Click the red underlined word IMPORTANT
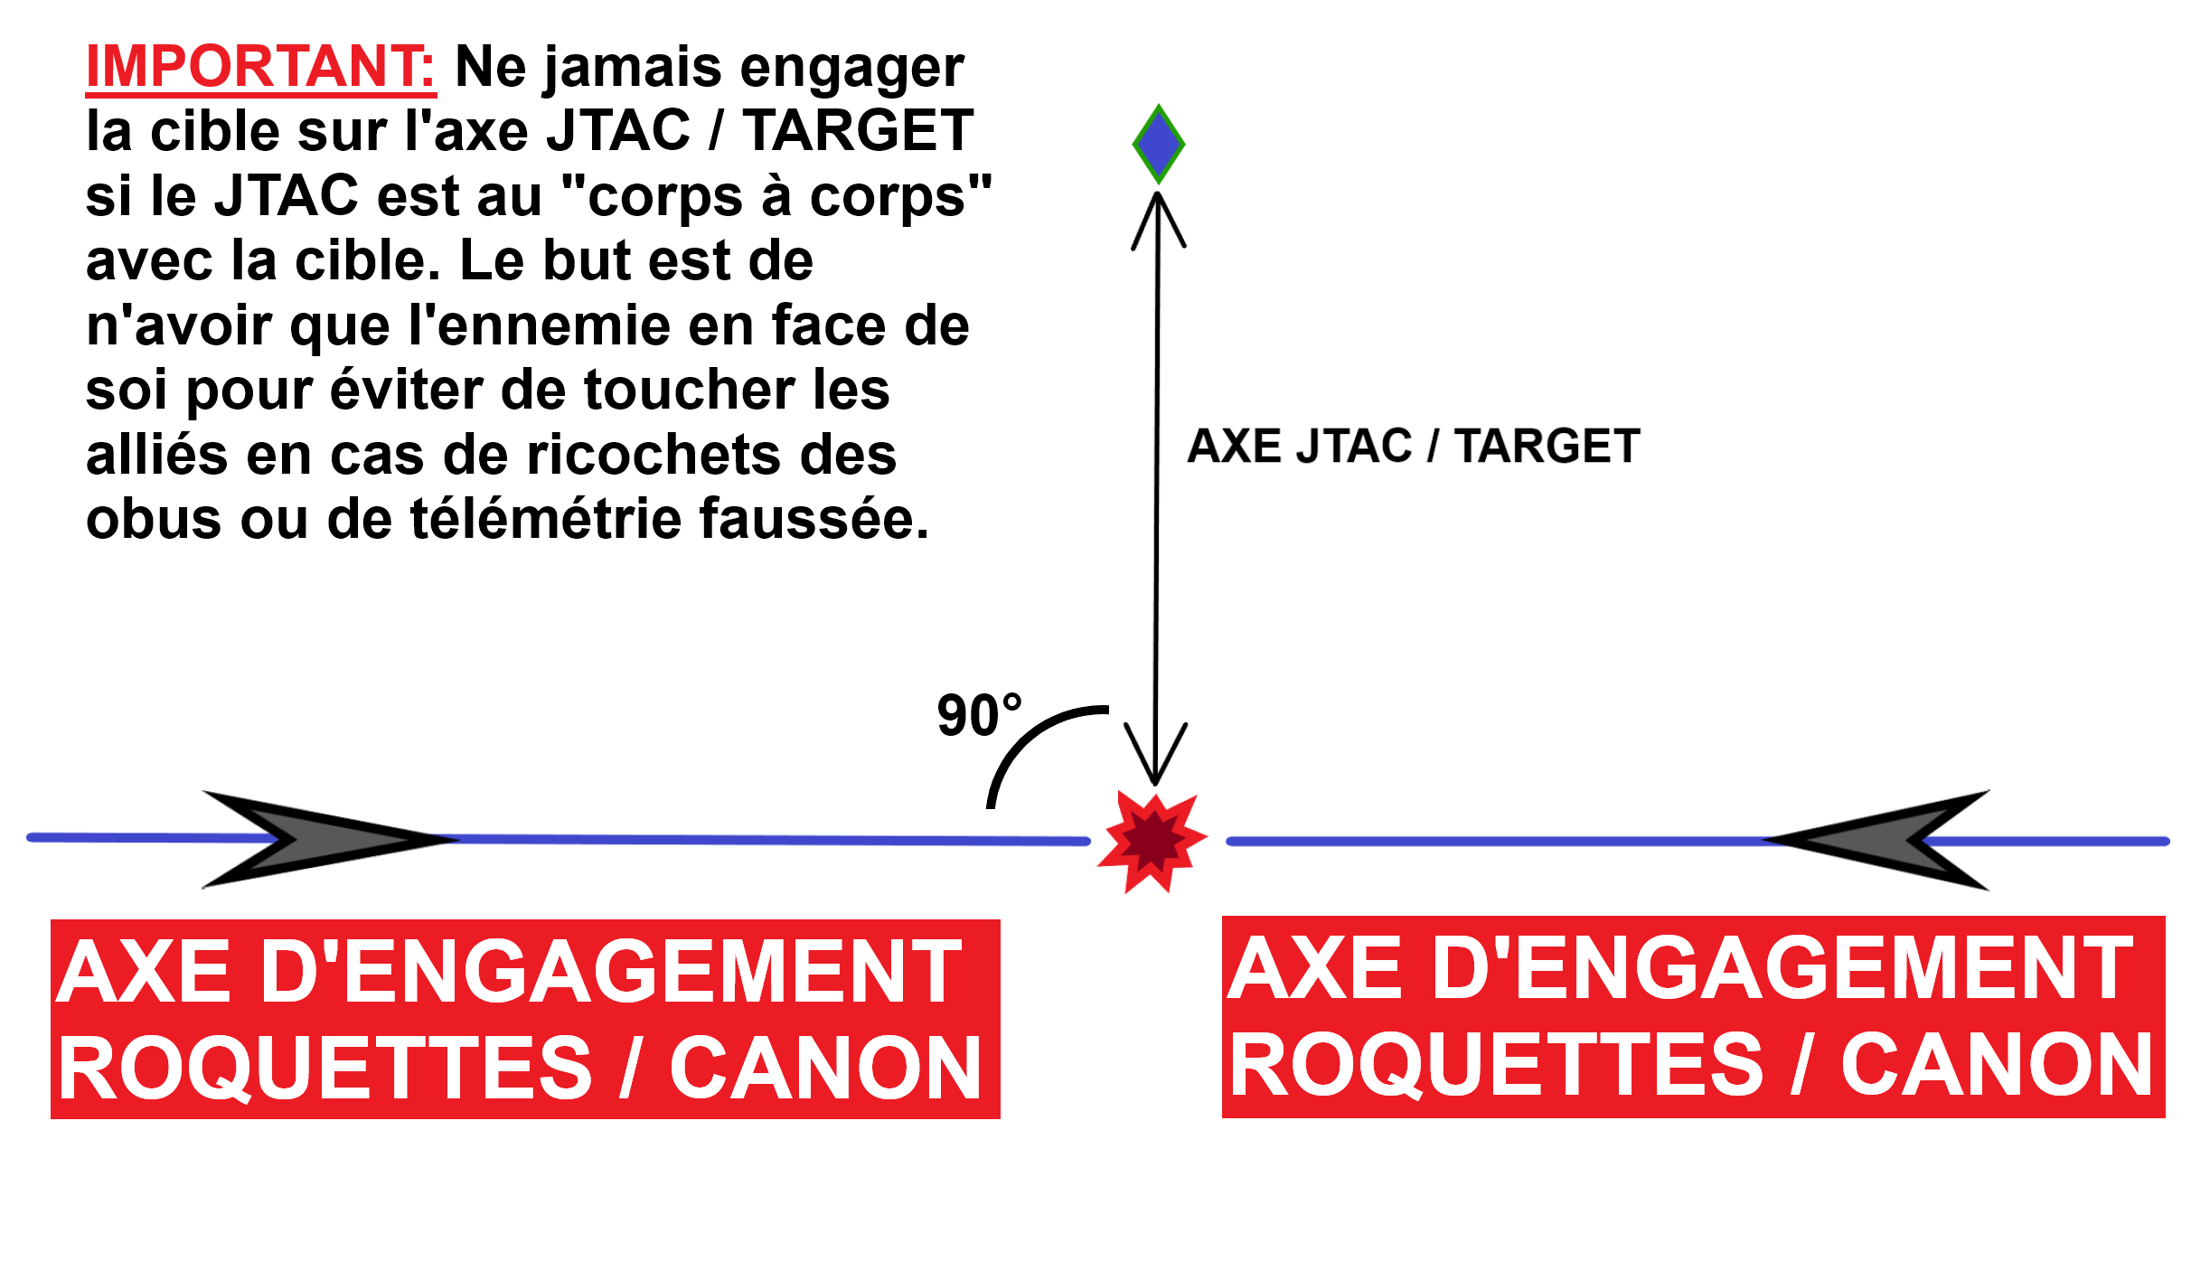[260, 67]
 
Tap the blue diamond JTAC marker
[1159, 145]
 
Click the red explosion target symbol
[1152, 843]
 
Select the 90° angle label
[979, 715]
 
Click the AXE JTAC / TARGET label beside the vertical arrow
[1414, 446]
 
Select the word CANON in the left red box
[826, 1069]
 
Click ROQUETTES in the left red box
[325, 1070]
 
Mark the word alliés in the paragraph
[156, 454]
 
